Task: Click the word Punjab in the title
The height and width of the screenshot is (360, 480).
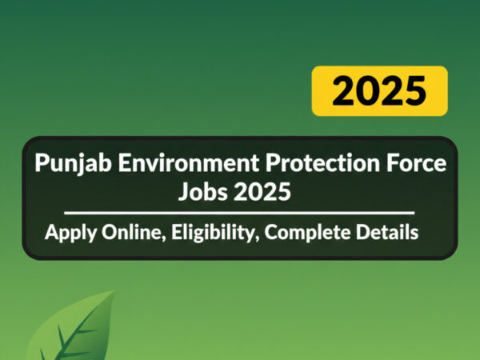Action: point(73,164)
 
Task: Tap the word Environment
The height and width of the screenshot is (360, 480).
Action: point(189,162)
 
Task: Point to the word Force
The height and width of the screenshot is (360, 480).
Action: point(413,162)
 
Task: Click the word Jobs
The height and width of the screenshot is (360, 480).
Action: point(203,191)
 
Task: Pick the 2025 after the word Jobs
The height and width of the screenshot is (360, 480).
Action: point(262,191)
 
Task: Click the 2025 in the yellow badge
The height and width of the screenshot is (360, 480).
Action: point(379,91)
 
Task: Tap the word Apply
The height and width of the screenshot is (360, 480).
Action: point(70,234)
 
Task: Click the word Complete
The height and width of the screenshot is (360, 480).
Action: point(307,234)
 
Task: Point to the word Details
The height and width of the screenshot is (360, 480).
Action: point(387,232)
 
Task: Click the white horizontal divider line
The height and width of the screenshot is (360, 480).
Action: point(239,213)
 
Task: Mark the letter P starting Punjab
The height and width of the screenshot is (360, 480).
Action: point(42,162)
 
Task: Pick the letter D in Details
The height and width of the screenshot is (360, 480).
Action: point(363,232)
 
